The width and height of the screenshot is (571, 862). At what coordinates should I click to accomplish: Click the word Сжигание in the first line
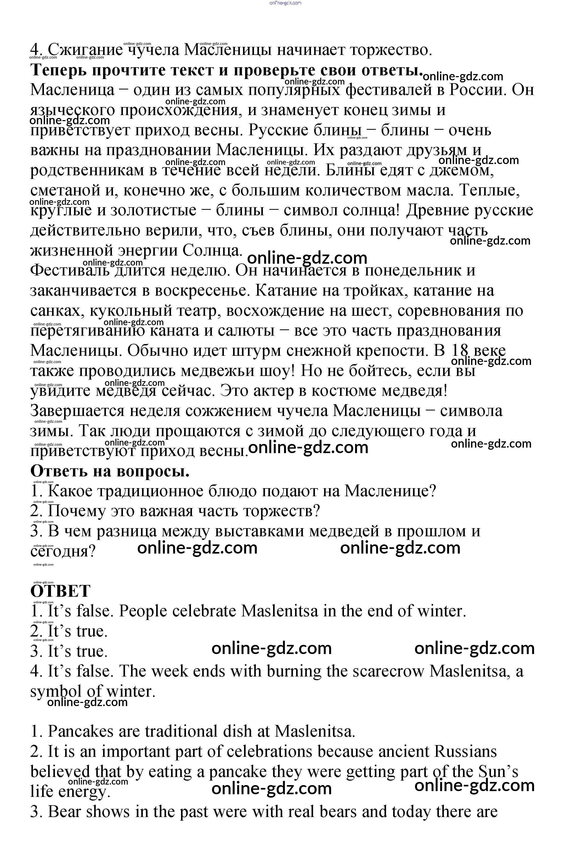click(86, 50)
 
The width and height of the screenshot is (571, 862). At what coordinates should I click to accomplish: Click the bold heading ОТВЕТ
click(60, 591)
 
